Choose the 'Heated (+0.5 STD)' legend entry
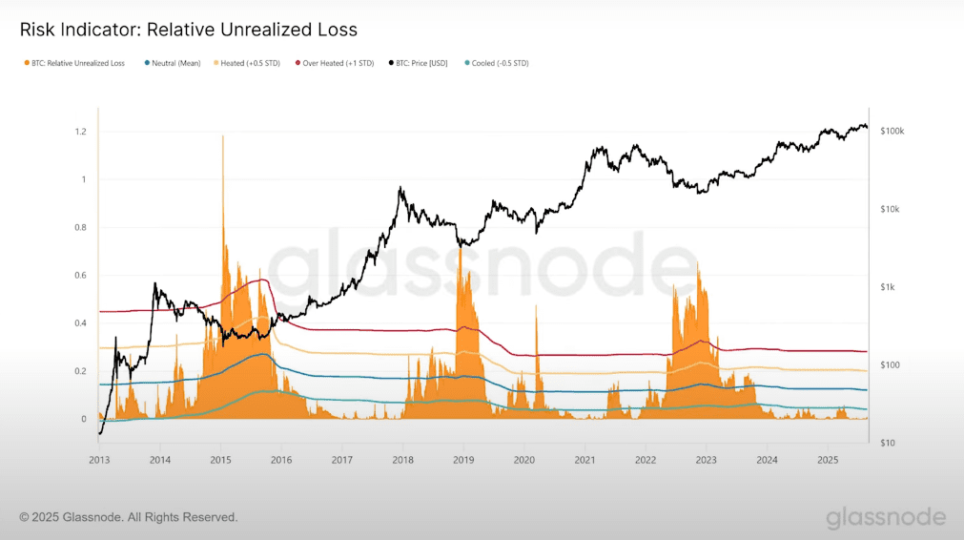click(250, 63)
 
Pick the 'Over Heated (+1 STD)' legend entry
click(338, 63)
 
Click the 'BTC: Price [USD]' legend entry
click(421, 63)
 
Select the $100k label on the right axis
click(892, 131)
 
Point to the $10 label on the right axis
click(887, 443)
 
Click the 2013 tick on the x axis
click(99, 460)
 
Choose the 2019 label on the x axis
click(463, 460)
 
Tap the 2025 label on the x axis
click(828, 460)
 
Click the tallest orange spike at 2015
click(223, 138)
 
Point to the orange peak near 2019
click(461, 250)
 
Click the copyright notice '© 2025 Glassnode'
click(129, 517)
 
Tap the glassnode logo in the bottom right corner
click(886, 517)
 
